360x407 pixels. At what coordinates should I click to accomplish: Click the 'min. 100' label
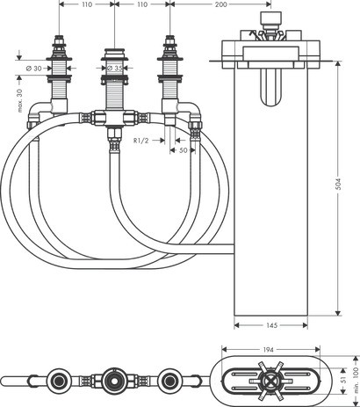point(355,381)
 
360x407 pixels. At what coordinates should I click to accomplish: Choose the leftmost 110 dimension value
point(86,5)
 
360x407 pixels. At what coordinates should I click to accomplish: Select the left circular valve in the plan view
point(60,382)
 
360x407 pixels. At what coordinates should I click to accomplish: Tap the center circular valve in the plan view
point(115,382)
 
